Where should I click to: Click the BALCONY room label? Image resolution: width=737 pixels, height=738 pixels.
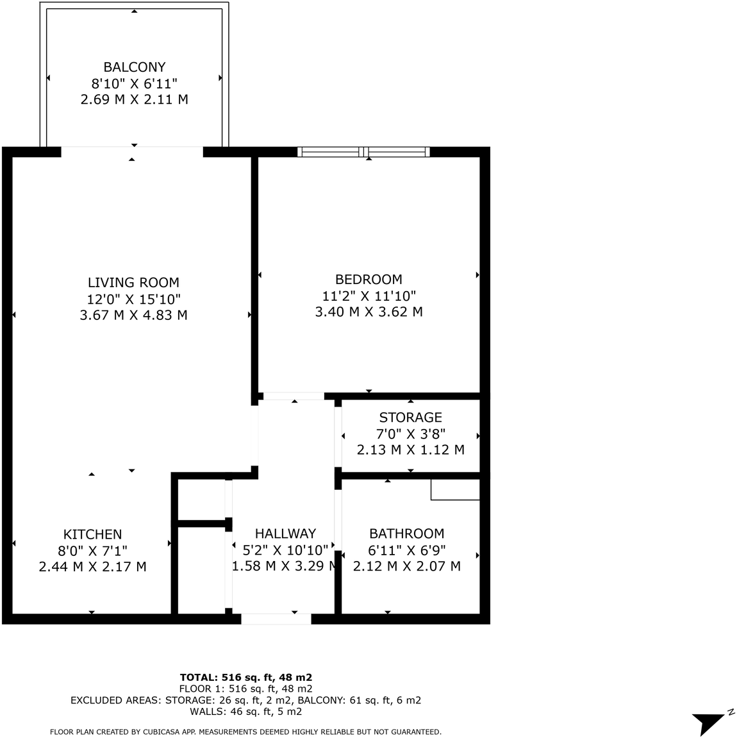pos(135,67)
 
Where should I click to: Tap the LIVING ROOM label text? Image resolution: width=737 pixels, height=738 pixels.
pos(133,283)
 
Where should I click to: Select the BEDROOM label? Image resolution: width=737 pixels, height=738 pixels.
pos(369,280)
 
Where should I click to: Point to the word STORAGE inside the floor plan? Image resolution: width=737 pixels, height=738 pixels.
pos(410,417)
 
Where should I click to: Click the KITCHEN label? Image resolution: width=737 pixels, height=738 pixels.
pos(92,535)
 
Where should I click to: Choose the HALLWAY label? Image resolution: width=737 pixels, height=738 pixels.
pos(285,533)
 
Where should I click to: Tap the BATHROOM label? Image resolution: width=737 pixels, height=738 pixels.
pos(406,533)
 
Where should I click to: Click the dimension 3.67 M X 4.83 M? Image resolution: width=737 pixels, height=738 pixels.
pos(133,315)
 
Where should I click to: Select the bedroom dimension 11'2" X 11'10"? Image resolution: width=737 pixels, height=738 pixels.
pos(369,296)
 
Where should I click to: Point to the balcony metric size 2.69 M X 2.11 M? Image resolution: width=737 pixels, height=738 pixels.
pos(135,100)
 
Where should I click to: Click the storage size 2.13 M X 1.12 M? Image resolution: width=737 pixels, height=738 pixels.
pos(410,450)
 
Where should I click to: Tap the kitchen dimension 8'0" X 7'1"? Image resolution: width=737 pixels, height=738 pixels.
pos(92,551)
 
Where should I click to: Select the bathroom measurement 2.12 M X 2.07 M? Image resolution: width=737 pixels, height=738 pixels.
pos(406,567)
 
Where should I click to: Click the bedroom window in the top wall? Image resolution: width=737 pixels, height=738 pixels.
pos(363,152)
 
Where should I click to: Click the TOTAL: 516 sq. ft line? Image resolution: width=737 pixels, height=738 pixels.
pos(246,677)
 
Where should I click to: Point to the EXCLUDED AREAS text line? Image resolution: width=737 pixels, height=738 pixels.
pos(245,700)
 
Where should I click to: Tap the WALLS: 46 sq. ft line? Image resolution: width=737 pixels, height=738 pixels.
pos(245,712)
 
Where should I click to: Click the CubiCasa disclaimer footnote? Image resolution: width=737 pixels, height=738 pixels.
pos(245,732)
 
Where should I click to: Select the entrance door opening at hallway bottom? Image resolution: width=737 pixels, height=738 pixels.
pos(276,619)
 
